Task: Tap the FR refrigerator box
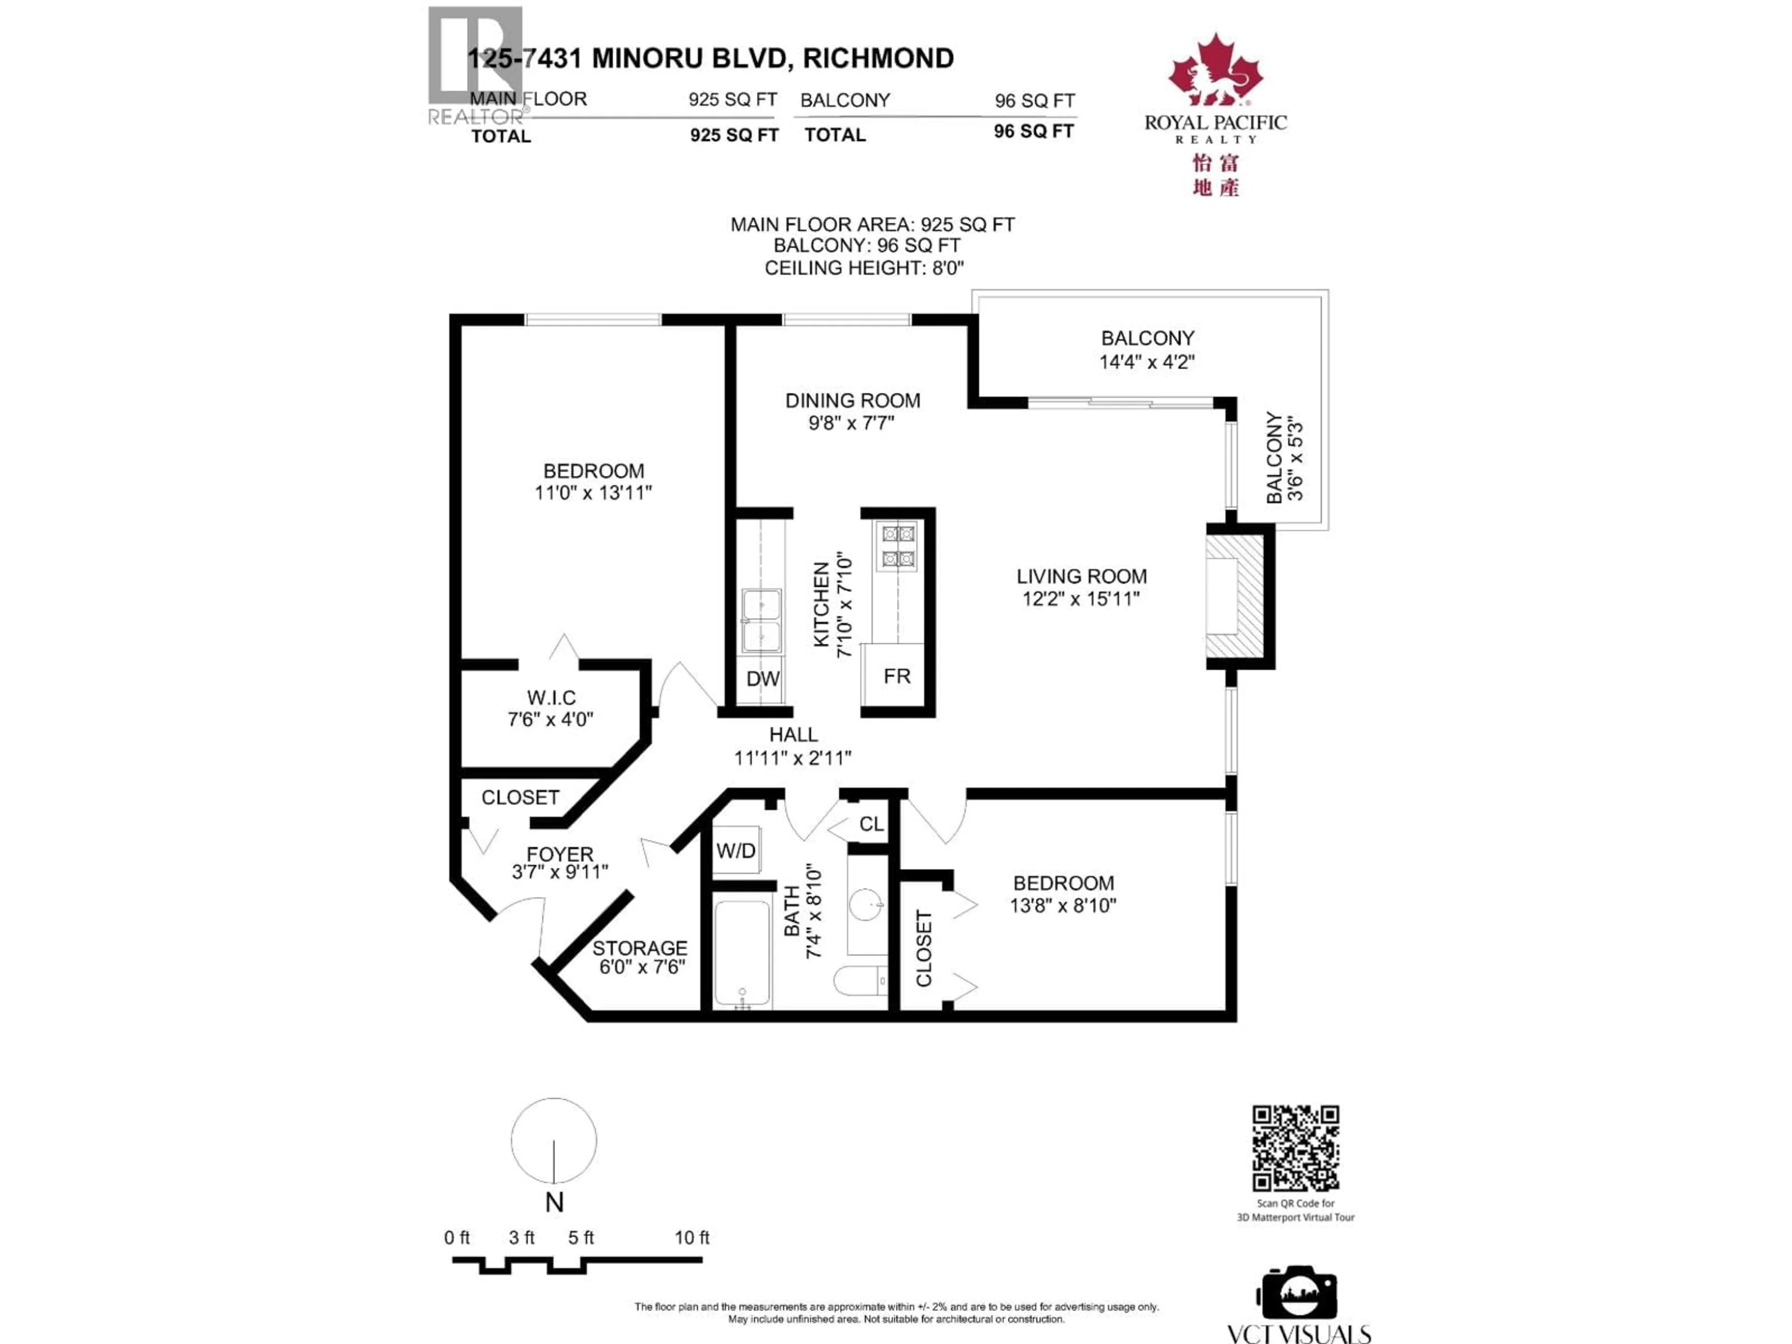click(896, 676)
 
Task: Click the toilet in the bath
click(861, 981)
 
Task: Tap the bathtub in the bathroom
click(742, 953)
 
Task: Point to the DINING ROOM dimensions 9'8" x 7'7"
click(852, 423)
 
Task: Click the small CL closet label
click(871, 824)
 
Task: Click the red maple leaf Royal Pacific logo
click(1214, 71)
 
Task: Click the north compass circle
click(554, 1141)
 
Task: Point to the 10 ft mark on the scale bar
click(692, 1237)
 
